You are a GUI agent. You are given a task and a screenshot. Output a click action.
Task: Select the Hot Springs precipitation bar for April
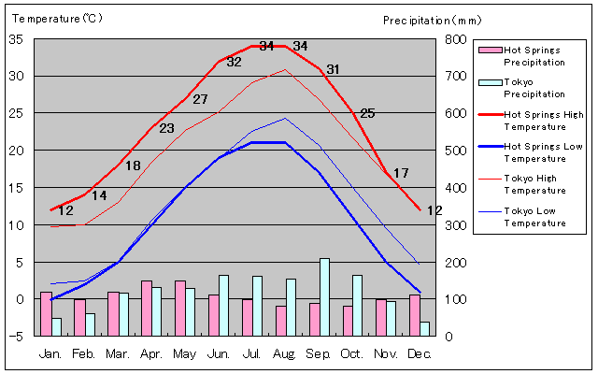147,308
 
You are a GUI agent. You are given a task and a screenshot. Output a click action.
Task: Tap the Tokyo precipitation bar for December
425,328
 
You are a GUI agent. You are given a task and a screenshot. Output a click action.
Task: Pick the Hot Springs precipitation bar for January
46,313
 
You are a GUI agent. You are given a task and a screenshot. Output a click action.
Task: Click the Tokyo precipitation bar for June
224,305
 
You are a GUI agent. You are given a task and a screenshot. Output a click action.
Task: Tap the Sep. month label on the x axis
320,354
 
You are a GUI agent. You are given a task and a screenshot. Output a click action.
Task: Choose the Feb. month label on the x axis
84,354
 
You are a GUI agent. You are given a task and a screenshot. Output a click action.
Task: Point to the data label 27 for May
200,99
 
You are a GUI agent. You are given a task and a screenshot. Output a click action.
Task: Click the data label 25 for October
367,113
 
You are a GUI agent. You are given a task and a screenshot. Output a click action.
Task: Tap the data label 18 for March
133,165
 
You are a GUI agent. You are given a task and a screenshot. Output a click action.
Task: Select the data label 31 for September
333,69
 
